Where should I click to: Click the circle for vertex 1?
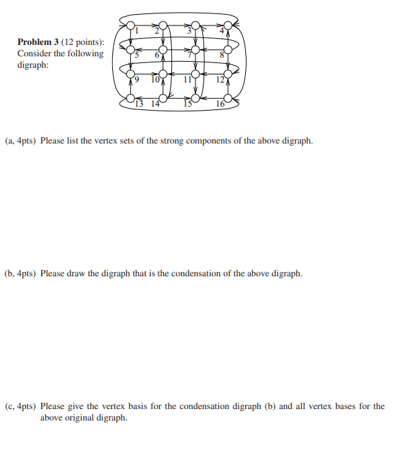coord(130,26)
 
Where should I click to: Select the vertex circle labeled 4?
coord(228,26)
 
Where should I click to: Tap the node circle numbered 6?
coord(163,50)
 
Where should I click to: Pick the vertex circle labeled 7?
coord(195,50)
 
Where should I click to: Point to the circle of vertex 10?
coord(163,73)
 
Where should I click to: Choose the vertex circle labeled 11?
coord(195,73)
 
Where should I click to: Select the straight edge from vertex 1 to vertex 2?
coord(146,26)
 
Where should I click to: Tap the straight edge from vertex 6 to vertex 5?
coord(146,50)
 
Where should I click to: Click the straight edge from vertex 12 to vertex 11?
coord(212,73)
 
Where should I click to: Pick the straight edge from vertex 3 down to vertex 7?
coord(195,38)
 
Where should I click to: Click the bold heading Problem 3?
coord(37,42)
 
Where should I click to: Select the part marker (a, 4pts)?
coord(20,142)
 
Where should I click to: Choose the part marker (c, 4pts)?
coord(20,406)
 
